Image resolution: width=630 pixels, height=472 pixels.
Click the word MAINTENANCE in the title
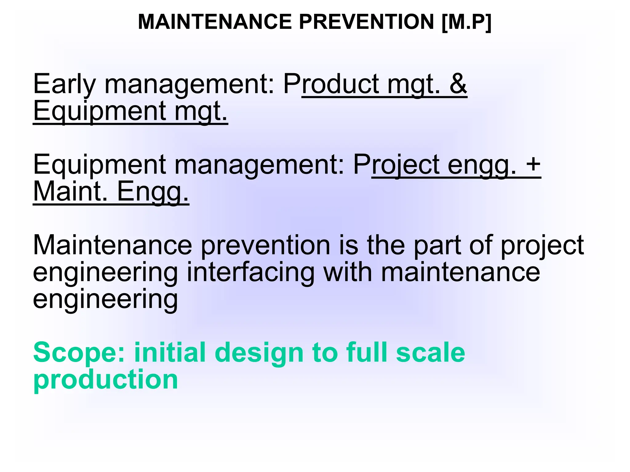pyautogui.click(x=215, y=22)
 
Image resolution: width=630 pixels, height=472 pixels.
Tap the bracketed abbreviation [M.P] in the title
pyautogui.click(x=466, y=22)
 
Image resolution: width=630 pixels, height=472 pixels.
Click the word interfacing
pyautogui.click(x=250, y=272)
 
